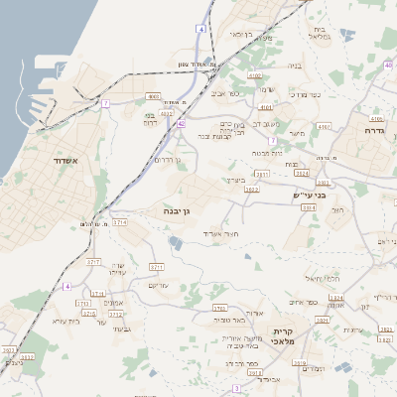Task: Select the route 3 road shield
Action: click(236, 388)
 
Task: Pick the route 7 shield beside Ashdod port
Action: click(104, 102)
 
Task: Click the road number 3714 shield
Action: click(120, 223)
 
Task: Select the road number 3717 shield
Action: click(94, 262)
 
